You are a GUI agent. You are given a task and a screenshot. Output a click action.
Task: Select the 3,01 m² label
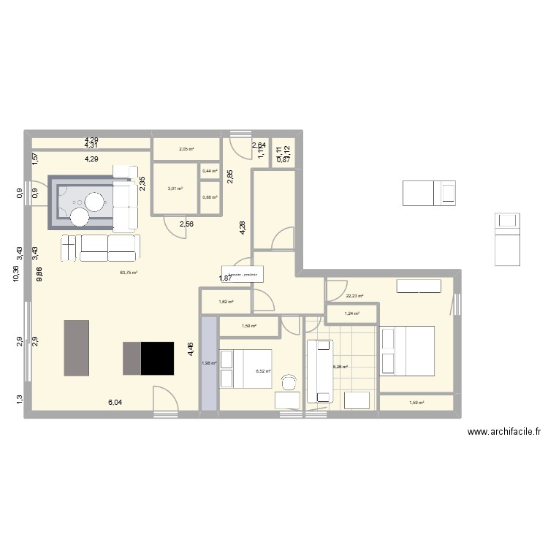(174, 189)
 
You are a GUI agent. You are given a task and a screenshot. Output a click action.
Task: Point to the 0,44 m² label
(210, 171)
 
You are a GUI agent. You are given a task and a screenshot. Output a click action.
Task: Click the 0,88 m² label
(210, 196)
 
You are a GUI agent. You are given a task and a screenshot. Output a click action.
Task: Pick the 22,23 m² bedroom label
(354, 296)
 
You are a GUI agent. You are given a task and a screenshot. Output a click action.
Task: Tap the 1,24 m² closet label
(351, 314)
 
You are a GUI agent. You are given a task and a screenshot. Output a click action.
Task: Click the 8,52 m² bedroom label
(263, 371)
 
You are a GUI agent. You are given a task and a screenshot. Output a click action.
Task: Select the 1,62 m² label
(227, 301)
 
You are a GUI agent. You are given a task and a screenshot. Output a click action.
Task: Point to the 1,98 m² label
(209, 363)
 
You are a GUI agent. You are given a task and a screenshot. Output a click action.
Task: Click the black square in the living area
(158, 358)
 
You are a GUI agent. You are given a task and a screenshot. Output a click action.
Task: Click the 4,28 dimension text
(243, 227)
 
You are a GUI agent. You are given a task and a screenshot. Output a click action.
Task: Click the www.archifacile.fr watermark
(505, 432)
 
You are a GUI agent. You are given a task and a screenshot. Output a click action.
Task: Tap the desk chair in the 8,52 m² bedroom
(289, 382)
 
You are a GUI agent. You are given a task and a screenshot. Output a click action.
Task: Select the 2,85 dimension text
(229, 176)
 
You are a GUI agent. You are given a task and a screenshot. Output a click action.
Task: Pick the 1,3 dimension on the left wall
(18, 399)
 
